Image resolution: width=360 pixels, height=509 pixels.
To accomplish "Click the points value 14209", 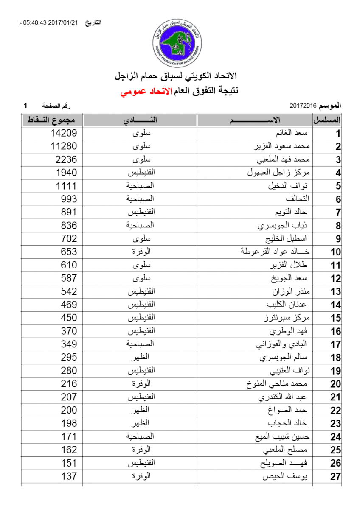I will [64, 133].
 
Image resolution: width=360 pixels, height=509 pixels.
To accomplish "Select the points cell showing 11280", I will [64, 146].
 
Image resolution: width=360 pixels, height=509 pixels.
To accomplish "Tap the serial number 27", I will [336, 476].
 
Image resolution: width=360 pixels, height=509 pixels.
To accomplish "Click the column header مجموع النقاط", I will [52, 120].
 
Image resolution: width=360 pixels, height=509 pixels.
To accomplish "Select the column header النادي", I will [140, 120].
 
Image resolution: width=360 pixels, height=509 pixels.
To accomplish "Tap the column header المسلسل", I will [327, 120].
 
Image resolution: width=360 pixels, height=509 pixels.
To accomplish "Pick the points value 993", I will [68, 199].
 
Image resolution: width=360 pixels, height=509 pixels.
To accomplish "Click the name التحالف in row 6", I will [298, 199].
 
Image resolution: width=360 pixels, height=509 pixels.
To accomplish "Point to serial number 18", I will [336, 358].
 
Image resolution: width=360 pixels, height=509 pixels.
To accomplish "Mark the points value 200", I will [68, 410].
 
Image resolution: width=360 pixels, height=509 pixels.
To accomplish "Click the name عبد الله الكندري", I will [282, 397].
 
